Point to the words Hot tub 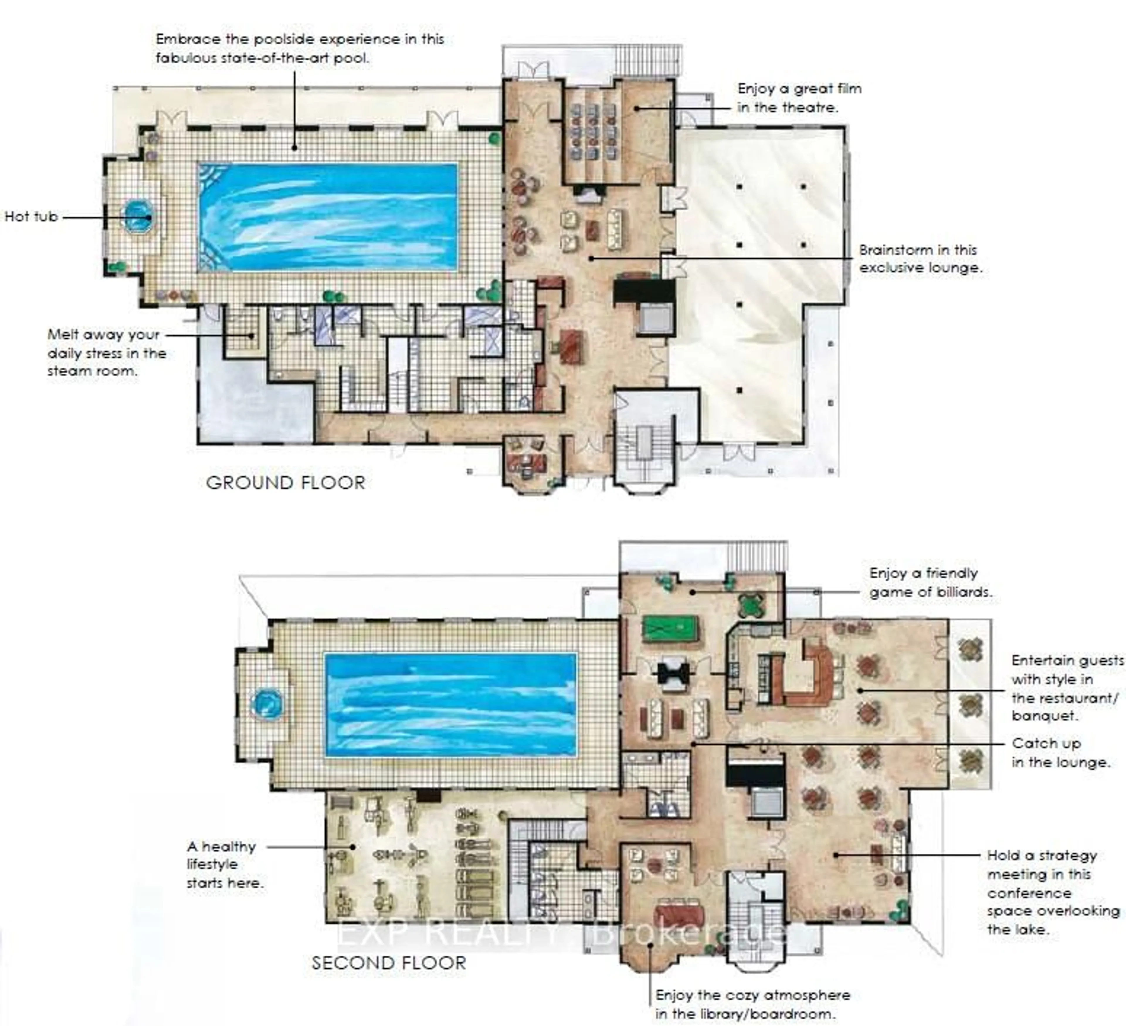31,217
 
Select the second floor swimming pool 450,704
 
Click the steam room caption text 106,353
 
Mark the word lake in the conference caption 1025,929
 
